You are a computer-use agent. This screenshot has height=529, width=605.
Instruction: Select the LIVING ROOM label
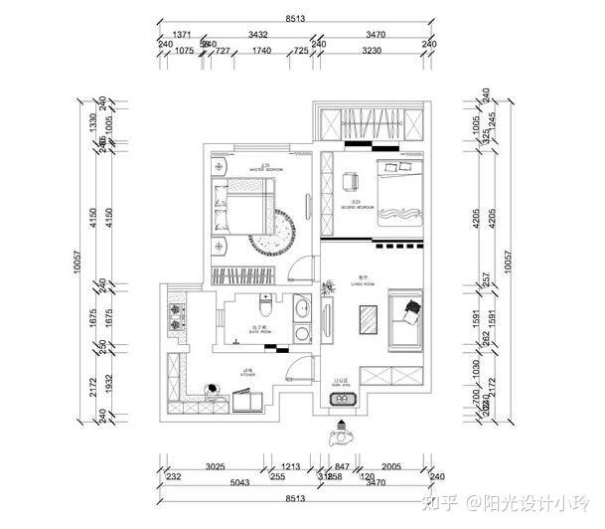click(x=364, y=282)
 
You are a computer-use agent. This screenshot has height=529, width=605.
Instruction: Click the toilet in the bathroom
click(x=262, y=302)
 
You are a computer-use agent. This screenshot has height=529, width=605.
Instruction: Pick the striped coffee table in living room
click(x=368, y=320)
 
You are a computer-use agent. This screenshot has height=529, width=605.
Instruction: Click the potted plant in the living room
click(x=327, y=288)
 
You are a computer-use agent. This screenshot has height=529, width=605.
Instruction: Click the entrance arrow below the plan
click(x=343, y=434)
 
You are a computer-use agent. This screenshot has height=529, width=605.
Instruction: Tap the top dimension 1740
click(x=261, y=50)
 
